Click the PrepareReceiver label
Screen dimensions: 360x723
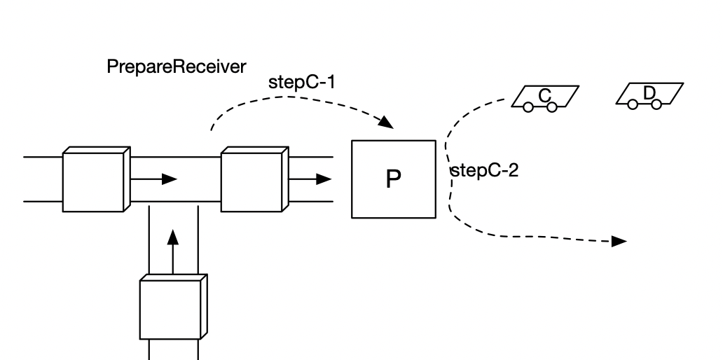pos(176,67)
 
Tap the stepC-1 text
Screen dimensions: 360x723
pos(302,82)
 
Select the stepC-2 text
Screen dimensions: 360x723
pos(484,171)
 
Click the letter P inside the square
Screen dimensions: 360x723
pos(394,180)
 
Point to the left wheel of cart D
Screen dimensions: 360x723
pos(633,104)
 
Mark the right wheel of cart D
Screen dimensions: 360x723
pos(656,104)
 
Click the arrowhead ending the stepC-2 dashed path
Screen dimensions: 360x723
pos(619,242)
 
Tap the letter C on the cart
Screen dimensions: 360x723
pos(544,95)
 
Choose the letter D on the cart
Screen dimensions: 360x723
pos(649,92)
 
